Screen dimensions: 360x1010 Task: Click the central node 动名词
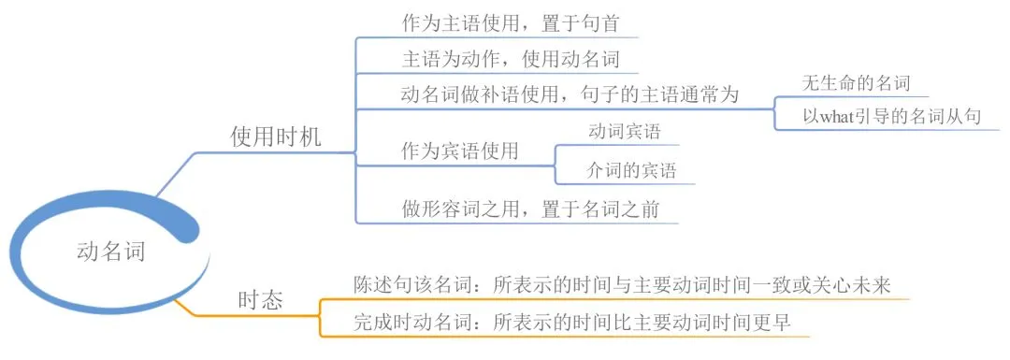tap(110, 251)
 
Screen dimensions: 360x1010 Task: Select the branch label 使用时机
tap(275, 137)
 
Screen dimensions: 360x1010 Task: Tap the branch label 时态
tap(261, 299)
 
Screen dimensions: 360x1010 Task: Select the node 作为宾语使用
tap(459, 151)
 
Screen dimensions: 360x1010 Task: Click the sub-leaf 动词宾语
tap(622, 132)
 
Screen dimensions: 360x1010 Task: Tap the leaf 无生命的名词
tap(856, 82)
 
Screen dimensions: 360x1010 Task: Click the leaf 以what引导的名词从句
tap(890, 117)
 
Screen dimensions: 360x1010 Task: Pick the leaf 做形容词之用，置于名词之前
tap(529, 209)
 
